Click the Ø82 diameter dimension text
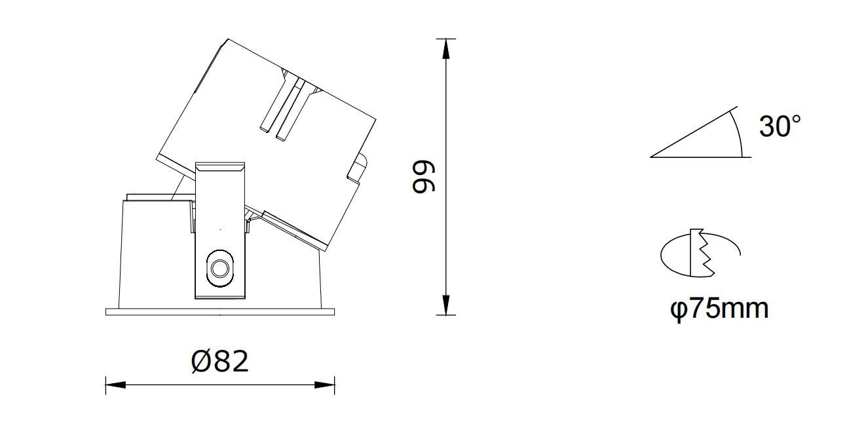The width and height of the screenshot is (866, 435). tap(220, 361)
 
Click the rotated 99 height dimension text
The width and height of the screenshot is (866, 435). tap(423, 177)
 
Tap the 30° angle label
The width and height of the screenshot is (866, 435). tap(780, 126)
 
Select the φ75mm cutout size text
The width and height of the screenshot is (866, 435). tap(719, 308)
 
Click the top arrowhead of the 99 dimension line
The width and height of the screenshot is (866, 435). tap(446, 48)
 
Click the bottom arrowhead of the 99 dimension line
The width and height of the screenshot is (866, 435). tap(446, 305)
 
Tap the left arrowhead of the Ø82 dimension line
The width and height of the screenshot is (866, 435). tap(115, 385)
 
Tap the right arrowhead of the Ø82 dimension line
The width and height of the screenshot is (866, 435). tap(325, 385)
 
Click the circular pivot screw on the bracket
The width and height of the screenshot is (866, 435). tap(219, 268)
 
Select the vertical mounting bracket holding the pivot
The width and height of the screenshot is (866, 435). tap(220, 229)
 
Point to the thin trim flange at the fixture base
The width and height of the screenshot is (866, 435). tap(220, 311)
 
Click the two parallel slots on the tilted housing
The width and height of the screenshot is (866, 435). tap(284, 108)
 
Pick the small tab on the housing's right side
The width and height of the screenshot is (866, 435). tap(358, 168)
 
